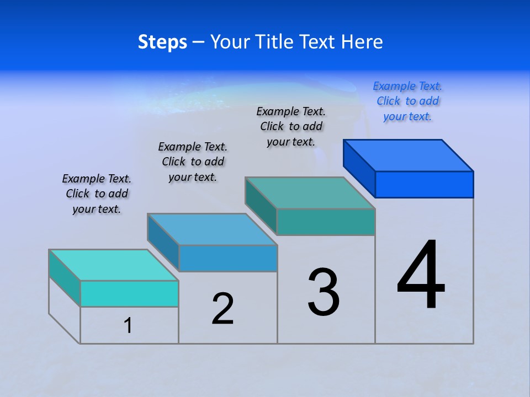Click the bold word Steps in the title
pos(162,42)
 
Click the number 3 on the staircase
pos(324,292)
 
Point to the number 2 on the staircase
pos(223,309)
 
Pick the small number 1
pos(128,326)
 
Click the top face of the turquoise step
pos(114,265)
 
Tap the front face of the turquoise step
pos(129,293)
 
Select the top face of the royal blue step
pos(409,155)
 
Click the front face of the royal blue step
pos(424,184)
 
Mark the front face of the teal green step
pos(326,222)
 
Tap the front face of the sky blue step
pos(228,258)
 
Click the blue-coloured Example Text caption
pos(407,101)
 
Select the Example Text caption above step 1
pos(97,194)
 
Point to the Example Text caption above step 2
pos(193,162)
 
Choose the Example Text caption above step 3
pos(291,126)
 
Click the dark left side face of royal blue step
pos(359,168)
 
